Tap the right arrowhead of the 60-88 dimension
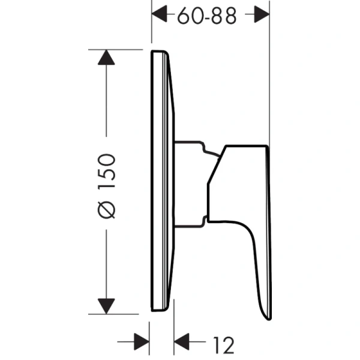pos(260,15)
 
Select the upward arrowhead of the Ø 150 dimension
pos(106,59)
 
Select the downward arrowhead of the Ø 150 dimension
pos(106,305)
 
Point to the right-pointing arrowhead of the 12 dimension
pos(140,344)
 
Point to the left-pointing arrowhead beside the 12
pos(182,344)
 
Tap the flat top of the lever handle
pos(246,146)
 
